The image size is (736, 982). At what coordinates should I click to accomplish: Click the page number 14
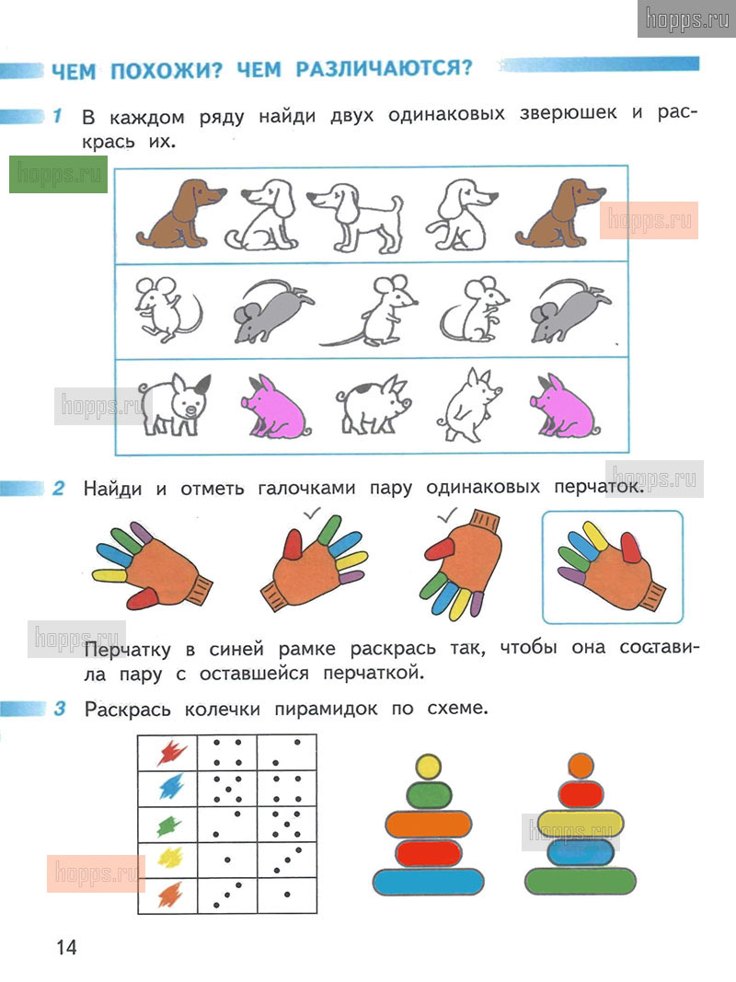coord(66,947)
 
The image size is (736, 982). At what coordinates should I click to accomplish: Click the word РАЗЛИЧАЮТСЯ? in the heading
coord(384,68)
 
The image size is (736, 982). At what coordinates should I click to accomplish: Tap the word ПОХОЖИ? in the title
coord(166,70)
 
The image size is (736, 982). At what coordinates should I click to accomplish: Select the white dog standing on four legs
coord(355,216)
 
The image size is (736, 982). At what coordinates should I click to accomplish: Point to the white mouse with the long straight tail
coord(369,311)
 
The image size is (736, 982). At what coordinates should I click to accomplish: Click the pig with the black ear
coord(175,404)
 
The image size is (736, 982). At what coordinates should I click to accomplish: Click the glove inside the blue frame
coord(611,567)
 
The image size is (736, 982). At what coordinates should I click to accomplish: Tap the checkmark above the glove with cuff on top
coord(447,515)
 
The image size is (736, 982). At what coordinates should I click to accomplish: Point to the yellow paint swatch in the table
coord(169,857)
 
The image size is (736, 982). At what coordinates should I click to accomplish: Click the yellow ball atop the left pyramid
coord(428,767)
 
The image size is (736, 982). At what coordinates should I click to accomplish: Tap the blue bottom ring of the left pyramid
coord(429,882)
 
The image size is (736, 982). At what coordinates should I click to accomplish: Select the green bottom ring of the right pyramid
coord(581,881)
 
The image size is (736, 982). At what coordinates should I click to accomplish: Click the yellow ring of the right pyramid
coord(581,822)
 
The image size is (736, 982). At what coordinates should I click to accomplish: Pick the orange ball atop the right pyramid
coord(581,766)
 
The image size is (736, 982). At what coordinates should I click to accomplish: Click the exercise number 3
coord(60,709)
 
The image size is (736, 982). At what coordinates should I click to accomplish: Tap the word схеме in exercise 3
coord(456,709)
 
